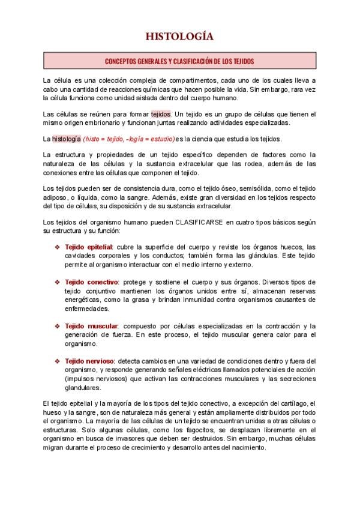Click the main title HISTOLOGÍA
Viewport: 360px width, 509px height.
(x=179, y=37)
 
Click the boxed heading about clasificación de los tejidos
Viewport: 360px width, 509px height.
(x=179, y=61)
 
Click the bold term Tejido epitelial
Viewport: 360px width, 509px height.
(x=88, y=247)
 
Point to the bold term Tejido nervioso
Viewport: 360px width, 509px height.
(x=89, y=361)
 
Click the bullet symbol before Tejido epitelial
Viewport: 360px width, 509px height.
(x=58, y=247)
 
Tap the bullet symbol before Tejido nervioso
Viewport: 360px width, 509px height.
(x=58, y=361)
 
